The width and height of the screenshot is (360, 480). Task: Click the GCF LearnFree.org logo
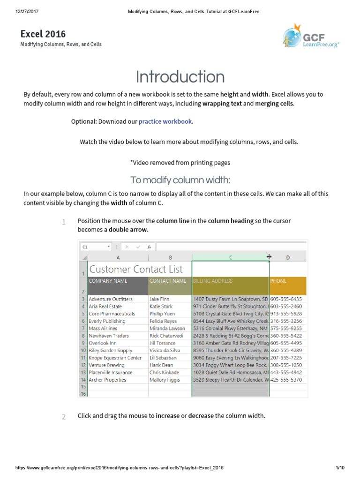coord(310,37)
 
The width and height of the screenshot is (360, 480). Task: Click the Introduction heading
coord(180,77)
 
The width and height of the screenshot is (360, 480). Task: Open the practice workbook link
coord(165,121)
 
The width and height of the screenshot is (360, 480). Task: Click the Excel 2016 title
coord(43,34)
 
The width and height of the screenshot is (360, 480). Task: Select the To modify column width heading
coord(180,180)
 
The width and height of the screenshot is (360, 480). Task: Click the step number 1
coord(63,222)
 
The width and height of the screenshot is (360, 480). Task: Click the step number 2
coord(63,417)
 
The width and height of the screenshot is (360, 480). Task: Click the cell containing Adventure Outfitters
coord(111,299)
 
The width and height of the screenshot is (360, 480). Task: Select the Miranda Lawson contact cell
coord(167,329)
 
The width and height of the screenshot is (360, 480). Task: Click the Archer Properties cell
coord(107,380)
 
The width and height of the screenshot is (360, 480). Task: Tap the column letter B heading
coord(170,257)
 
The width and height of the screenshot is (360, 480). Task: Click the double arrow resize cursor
coord(269,257)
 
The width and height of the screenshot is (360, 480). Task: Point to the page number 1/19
coord(340,469)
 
